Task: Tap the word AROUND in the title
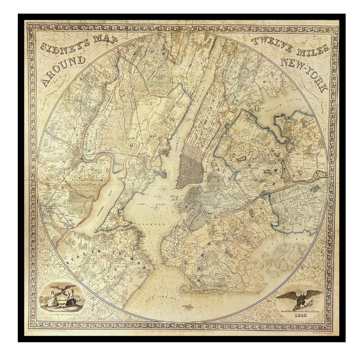61,69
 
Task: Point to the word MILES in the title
310,47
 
